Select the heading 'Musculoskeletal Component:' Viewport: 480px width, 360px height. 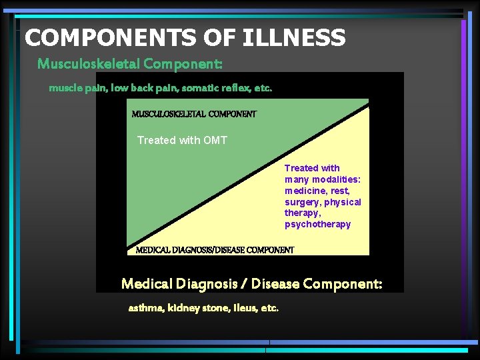point(130,64)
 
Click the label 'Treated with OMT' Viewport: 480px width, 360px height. point(182,140)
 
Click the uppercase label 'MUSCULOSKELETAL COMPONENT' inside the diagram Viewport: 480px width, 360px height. point(194,114)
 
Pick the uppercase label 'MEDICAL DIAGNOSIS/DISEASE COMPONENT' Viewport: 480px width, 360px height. point(215,250)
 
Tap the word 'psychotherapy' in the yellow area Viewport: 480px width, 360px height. point(317,224)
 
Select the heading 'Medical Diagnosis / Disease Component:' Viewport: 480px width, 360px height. point(252,284)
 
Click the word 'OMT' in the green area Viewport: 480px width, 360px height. point(215,140)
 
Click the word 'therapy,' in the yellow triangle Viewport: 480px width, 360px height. point(303,213)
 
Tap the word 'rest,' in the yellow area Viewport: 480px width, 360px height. point(341,191)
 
